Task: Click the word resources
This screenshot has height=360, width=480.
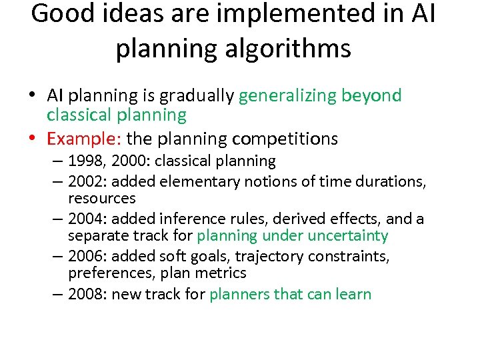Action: (x=101, y=198)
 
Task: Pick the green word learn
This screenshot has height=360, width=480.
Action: (x=354, y=294)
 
